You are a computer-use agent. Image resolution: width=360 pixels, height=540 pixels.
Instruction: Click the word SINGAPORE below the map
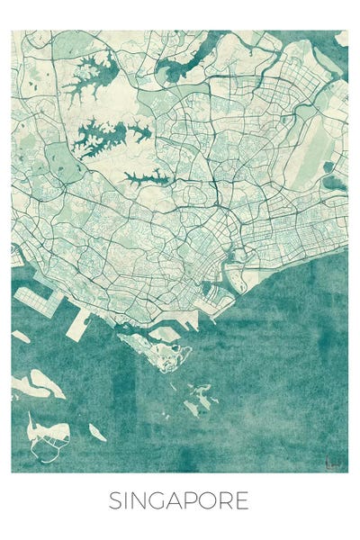tap(179, 501)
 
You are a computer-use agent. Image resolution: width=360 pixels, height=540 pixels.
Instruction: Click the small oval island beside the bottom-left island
tap(96, 434)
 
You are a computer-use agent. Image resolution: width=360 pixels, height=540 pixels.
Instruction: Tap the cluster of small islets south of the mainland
tap(200, 399)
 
